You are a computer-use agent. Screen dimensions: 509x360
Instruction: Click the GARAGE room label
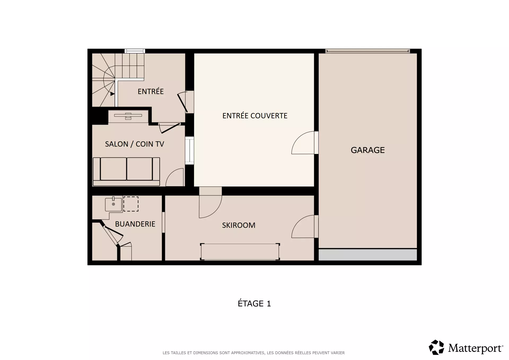(367, 150)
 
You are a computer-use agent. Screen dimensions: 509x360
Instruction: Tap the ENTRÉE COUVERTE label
(255, 116)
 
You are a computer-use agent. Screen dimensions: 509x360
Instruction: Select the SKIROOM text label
(239, 225)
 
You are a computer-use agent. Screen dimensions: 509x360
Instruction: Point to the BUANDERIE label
(135, 224)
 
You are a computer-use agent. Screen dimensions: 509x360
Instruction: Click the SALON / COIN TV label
(134, 144)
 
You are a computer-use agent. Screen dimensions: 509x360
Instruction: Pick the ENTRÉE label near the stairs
(151, 91)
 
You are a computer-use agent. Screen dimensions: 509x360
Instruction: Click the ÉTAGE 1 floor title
(254, 303)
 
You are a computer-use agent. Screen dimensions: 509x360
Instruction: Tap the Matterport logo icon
(436, 347)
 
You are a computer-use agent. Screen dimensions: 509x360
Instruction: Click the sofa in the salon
(126, 172)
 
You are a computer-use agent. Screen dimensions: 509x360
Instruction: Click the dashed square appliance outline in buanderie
(131, 204)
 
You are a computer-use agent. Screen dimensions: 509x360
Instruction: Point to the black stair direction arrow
(112, 94)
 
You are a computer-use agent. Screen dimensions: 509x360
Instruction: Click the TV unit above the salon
(128, 116)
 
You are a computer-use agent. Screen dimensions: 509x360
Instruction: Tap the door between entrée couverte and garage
(305, 143)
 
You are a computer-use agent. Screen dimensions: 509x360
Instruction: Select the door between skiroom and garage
(305, 226)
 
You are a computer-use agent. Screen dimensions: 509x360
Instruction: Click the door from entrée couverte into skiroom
(210, 203)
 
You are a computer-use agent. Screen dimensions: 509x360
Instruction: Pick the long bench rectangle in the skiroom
(240, 252)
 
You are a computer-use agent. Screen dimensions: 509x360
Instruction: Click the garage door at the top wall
(368, 51)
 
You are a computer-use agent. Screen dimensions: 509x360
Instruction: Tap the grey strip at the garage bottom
(368, 255)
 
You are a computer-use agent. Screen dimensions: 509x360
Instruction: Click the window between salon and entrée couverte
(189, 150)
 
